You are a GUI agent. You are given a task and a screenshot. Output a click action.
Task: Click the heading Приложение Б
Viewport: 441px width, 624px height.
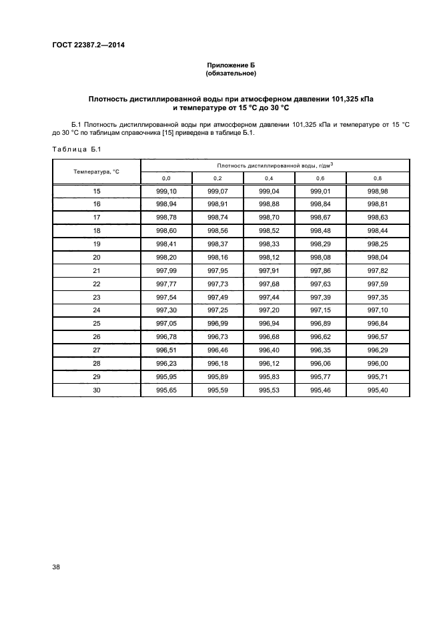[x=232, y=65]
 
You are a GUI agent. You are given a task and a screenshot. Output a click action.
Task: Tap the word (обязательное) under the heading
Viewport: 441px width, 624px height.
[x=232, y=73]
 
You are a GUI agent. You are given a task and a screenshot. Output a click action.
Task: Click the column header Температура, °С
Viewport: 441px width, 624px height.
[x=96, y=172]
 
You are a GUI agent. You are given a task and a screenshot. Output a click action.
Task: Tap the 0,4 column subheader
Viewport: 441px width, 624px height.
[x=269, y=178]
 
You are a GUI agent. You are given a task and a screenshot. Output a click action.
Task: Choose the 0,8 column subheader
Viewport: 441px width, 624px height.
[x=377, y=178]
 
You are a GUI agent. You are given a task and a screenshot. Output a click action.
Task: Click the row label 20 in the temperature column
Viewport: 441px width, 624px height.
[x=97, y=256]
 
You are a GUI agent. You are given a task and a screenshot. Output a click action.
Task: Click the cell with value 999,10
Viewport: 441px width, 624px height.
[x=166, y=191]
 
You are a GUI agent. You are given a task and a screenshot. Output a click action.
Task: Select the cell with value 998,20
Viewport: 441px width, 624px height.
[x=166, y=256]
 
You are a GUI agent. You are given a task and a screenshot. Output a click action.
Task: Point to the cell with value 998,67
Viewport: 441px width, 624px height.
[x=320, y=217]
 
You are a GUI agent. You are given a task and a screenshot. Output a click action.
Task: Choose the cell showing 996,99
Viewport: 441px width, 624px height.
[x=217, y=322]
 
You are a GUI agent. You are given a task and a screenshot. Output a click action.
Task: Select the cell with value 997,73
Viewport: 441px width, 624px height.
[x=217, y=283]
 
